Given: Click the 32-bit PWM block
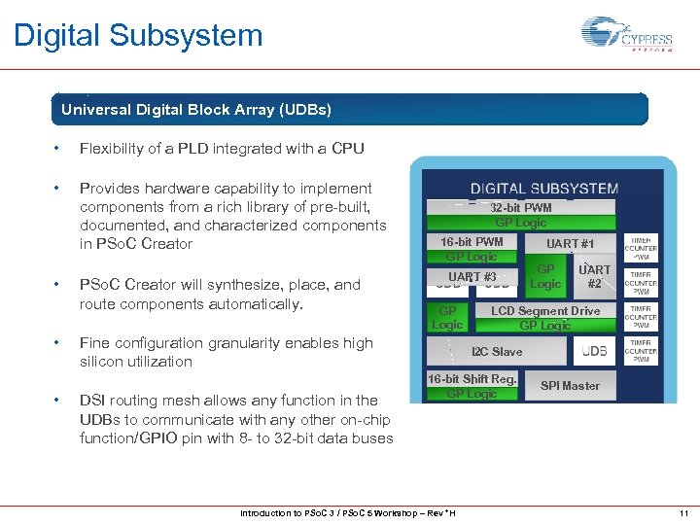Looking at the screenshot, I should pos(520,207).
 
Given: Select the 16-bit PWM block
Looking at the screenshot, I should pos(472,242).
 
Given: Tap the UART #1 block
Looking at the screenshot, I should pos(570,244).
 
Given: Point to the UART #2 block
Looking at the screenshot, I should pos(594,276).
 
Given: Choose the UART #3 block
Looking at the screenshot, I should pos(472,277).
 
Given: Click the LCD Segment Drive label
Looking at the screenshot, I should pos(545,311).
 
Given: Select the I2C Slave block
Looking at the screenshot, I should pos(497,352).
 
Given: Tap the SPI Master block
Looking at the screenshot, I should pos(570,386).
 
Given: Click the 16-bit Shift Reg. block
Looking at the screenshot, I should pos(472,379).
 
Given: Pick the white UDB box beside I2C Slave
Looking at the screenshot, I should pos(594,351).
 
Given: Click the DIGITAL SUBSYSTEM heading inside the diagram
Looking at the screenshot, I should pos(543,189).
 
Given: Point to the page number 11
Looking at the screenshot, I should pos(683,513).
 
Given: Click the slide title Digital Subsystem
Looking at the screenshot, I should pos(138,36).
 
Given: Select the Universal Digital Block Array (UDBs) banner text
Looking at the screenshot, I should pos(196,110).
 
